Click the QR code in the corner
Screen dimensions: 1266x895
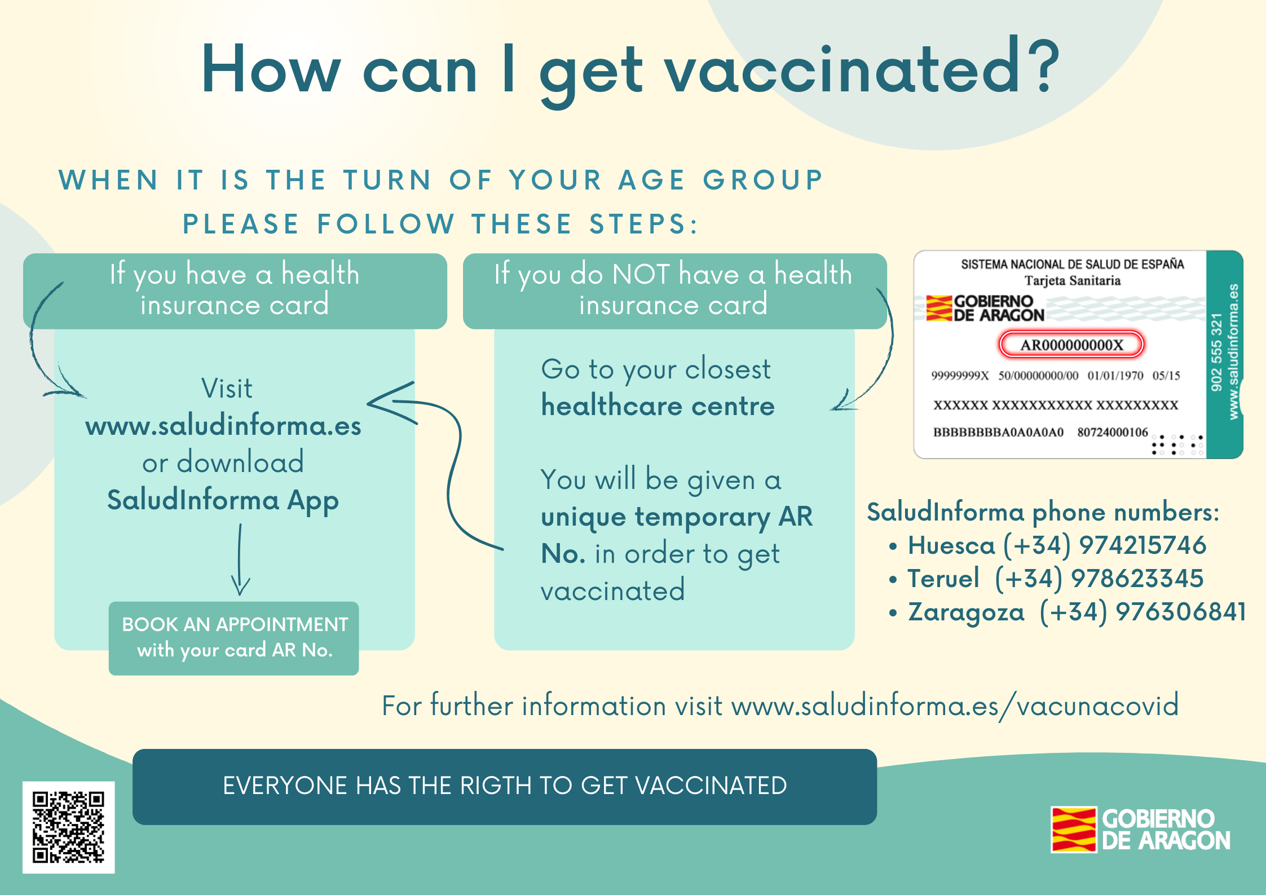(69, 827)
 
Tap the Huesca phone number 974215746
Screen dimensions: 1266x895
(1143, 545)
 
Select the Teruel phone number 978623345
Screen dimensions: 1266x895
(1137, 578)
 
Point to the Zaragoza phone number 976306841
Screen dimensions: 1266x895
(1181, 611)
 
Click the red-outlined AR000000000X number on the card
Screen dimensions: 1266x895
(1071, 345)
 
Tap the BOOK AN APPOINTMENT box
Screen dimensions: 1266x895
(234, 638)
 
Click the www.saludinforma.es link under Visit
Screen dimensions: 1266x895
(223, 425)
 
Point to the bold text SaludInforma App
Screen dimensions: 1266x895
(223, 500)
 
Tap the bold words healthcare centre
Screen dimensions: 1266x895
(658, 405)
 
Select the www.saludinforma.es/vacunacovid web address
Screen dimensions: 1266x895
(955, 706)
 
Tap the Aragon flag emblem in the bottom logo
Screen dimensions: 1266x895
(1074, 829)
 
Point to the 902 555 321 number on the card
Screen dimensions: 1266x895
(1216, 352)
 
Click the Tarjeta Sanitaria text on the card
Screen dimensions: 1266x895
(1073, 280)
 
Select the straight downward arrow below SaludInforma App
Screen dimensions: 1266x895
(240, 559)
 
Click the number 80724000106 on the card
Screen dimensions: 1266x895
(1113, 432)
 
